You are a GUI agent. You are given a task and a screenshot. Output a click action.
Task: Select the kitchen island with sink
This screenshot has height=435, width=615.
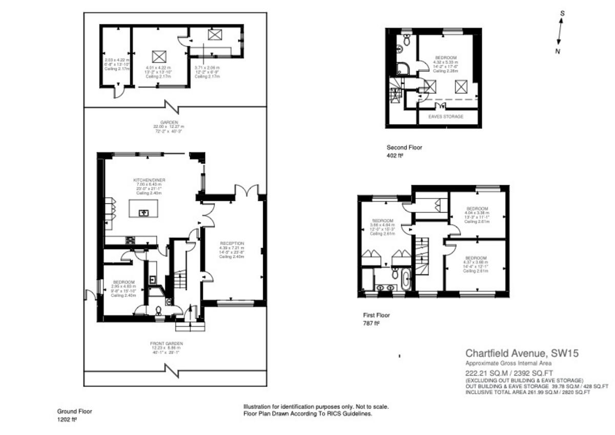(142, 209)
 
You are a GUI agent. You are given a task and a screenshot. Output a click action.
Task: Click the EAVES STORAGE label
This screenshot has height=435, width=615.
(445, 117)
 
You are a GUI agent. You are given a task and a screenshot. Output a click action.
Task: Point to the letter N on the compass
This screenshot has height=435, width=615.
(557, 51)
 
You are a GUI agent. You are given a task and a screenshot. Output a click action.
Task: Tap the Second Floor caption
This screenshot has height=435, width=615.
(404, 148)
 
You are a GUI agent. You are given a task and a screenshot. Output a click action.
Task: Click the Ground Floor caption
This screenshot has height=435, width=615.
(74, 411)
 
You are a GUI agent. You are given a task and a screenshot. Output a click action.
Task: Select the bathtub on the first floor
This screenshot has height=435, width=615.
(406, 280)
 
